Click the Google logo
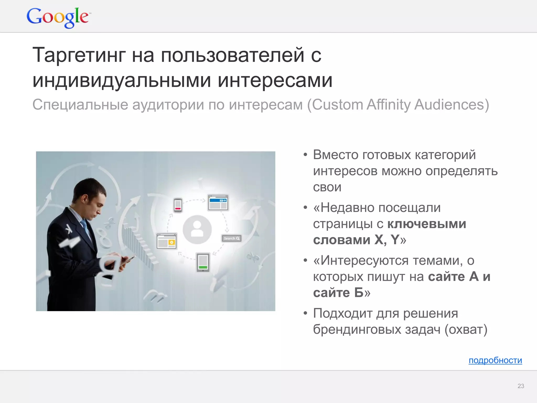point(58,17)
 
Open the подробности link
point(495,360)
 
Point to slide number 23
point(520,386)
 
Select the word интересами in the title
point(275,80)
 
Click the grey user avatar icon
point(197,229)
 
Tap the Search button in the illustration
point(231,238)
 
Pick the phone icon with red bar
point(178,205)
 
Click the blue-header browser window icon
point(218,203)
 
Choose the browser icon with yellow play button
point(167,241)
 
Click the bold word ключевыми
point(427,224)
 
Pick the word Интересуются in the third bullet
point(364,261)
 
